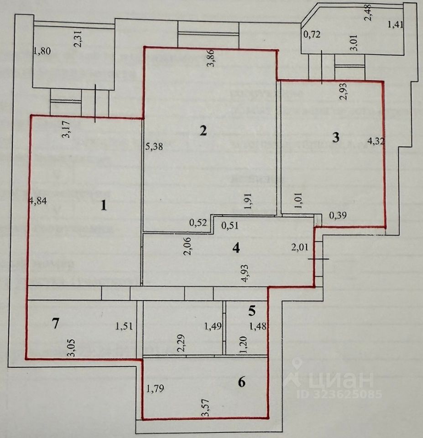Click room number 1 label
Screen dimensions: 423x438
click(x=104, y=206)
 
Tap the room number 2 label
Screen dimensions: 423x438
click(x=203, y=131)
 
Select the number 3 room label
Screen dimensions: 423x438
click(x=335, y=137)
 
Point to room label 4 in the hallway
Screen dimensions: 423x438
click(x=236, y=248)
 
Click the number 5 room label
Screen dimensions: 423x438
click(x=252, y=311)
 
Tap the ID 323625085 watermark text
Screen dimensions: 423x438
click(x=340, y=394)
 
